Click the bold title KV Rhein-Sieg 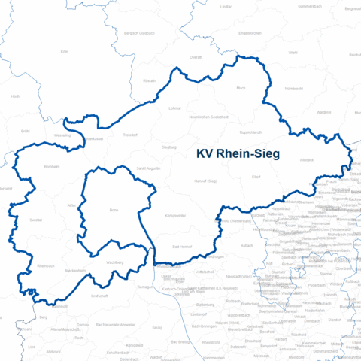(238, 154)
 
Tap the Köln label (64, 52)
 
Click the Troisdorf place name (130, 134)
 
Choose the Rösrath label (149, 80)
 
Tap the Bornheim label (52, 166)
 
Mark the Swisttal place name (35, 220)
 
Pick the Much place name (241, 89)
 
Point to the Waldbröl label (323, 112)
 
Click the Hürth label (15, 96)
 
